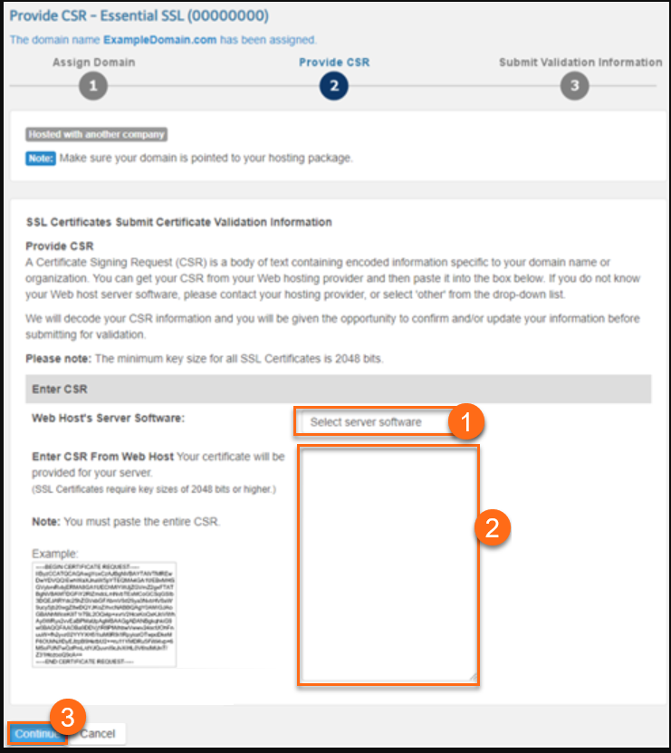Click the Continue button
click(x=36, y=733)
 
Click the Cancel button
click(x=98, y=733)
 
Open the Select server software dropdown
click(x=371, y=422)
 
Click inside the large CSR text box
click(x=387, y=562)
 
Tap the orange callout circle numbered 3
click(x=66, y=715)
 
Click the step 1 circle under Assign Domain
click(x=93, y=86)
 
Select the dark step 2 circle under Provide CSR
click(x=333, y=86)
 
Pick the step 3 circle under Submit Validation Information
click(x=574, y=86)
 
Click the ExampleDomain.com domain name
click(x=159, y=40)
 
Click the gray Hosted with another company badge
click(x=97, y=135)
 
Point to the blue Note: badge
click(x=41, y=158)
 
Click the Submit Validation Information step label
click(x=580, y=63)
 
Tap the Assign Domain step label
click(x=93, y=63)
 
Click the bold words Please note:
click(x=57, y=359)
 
